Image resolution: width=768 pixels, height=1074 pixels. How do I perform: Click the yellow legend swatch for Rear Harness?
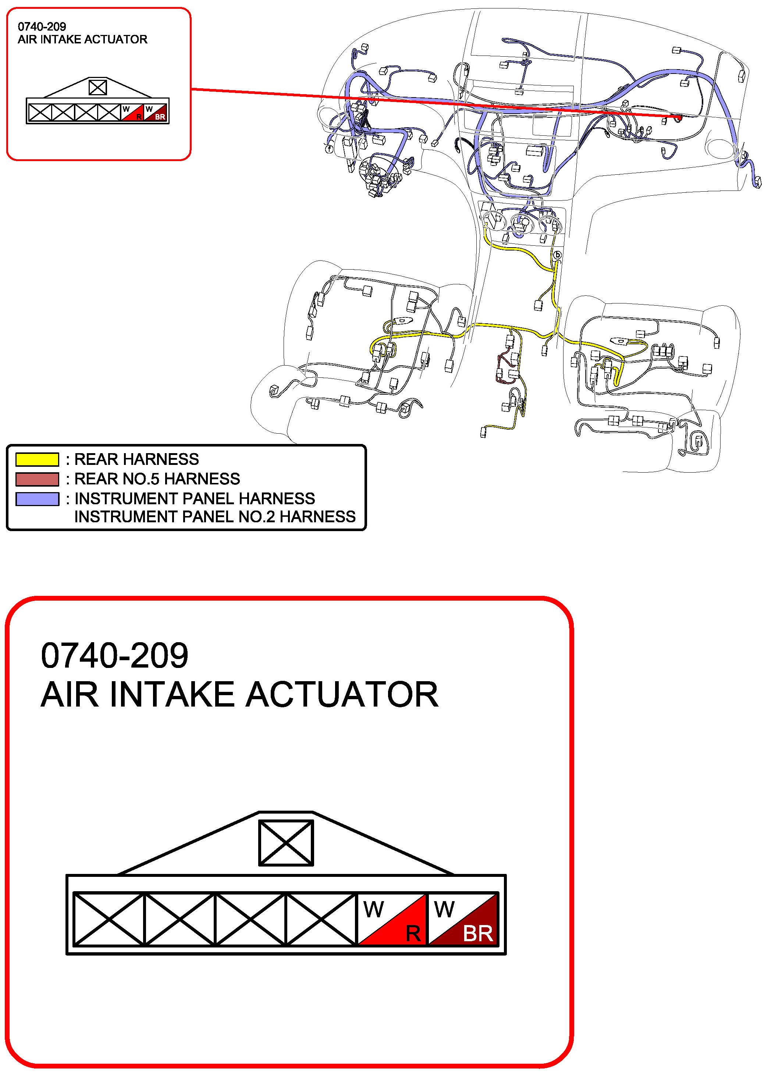tap(37, 459)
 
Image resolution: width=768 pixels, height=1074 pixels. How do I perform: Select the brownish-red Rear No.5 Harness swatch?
tap(37, 479)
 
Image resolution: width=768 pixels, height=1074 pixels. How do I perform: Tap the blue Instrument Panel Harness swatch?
tap(37, 499)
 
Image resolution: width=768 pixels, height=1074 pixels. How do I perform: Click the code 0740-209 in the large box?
tap(114, 656)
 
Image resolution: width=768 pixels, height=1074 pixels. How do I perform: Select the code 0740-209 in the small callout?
tap(42, 26)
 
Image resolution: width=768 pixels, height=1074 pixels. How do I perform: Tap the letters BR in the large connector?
tap(478, 933)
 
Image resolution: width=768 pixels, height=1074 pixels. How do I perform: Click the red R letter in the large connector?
tap(413, 933)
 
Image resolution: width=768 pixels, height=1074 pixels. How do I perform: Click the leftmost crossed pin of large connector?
tap(109, 919)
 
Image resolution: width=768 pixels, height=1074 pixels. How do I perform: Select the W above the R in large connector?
tap(374, 909)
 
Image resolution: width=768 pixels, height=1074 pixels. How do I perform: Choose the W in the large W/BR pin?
tap(444, 909)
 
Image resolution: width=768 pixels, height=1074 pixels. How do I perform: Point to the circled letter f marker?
tap(329, 149)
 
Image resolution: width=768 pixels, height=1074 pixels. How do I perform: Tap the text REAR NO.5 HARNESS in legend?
tap(157, 479)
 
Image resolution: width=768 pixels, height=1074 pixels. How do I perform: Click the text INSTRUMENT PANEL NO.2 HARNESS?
tap(215, 517)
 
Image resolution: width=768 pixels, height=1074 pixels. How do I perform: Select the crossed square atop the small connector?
tap(98, 88)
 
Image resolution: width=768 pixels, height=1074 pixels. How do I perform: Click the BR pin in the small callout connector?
tap(156, 113)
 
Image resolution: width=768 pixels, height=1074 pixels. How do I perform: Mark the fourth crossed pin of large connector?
tap(321, 919)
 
